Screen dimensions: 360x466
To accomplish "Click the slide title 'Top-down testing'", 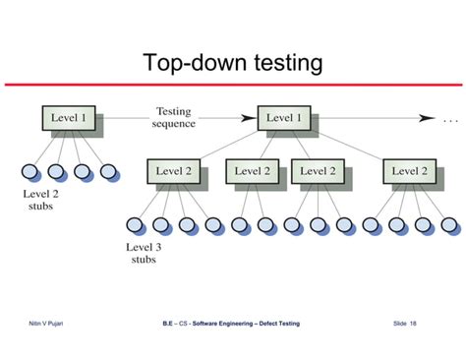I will pos(232,64).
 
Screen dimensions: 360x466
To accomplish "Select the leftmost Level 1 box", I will pos(68,120).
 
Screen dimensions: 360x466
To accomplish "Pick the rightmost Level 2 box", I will pos(410,171).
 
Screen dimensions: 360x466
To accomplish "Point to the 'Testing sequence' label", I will pos(174,117).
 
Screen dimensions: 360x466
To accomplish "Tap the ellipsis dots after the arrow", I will pos(451,121).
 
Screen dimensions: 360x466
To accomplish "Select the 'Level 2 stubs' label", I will pos(40,201).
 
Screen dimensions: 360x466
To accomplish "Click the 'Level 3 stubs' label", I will pos(145,253).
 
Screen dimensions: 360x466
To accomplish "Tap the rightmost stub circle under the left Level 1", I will pos(109,172).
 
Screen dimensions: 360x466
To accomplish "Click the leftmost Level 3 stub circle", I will pos(135,224).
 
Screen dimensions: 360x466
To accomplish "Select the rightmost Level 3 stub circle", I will pos(449,224).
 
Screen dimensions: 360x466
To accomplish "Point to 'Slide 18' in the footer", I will pos(404,324).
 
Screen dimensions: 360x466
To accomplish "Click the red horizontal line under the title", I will pos(232,86).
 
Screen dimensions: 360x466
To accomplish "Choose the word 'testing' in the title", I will pos(284,64).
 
